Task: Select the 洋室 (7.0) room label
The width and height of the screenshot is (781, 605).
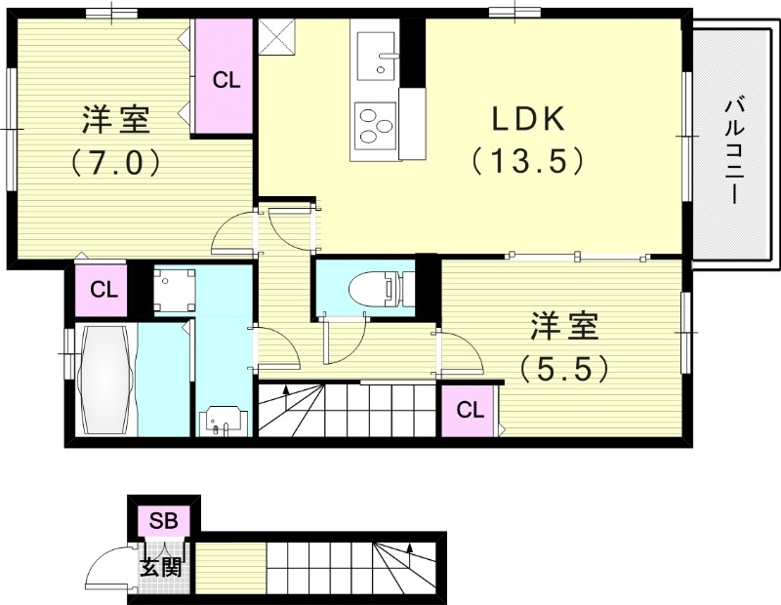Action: pos(114,122)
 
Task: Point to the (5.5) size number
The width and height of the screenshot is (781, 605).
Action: pos(565,367)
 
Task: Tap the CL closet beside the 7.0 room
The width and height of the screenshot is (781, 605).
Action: pos(226,79)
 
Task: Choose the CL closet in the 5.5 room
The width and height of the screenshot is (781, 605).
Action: pos(470,410)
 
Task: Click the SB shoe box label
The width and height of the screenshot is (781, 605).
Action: pos(162,521)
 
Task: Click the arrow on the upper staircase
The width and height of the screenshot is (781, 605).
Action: pos(286,392)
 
